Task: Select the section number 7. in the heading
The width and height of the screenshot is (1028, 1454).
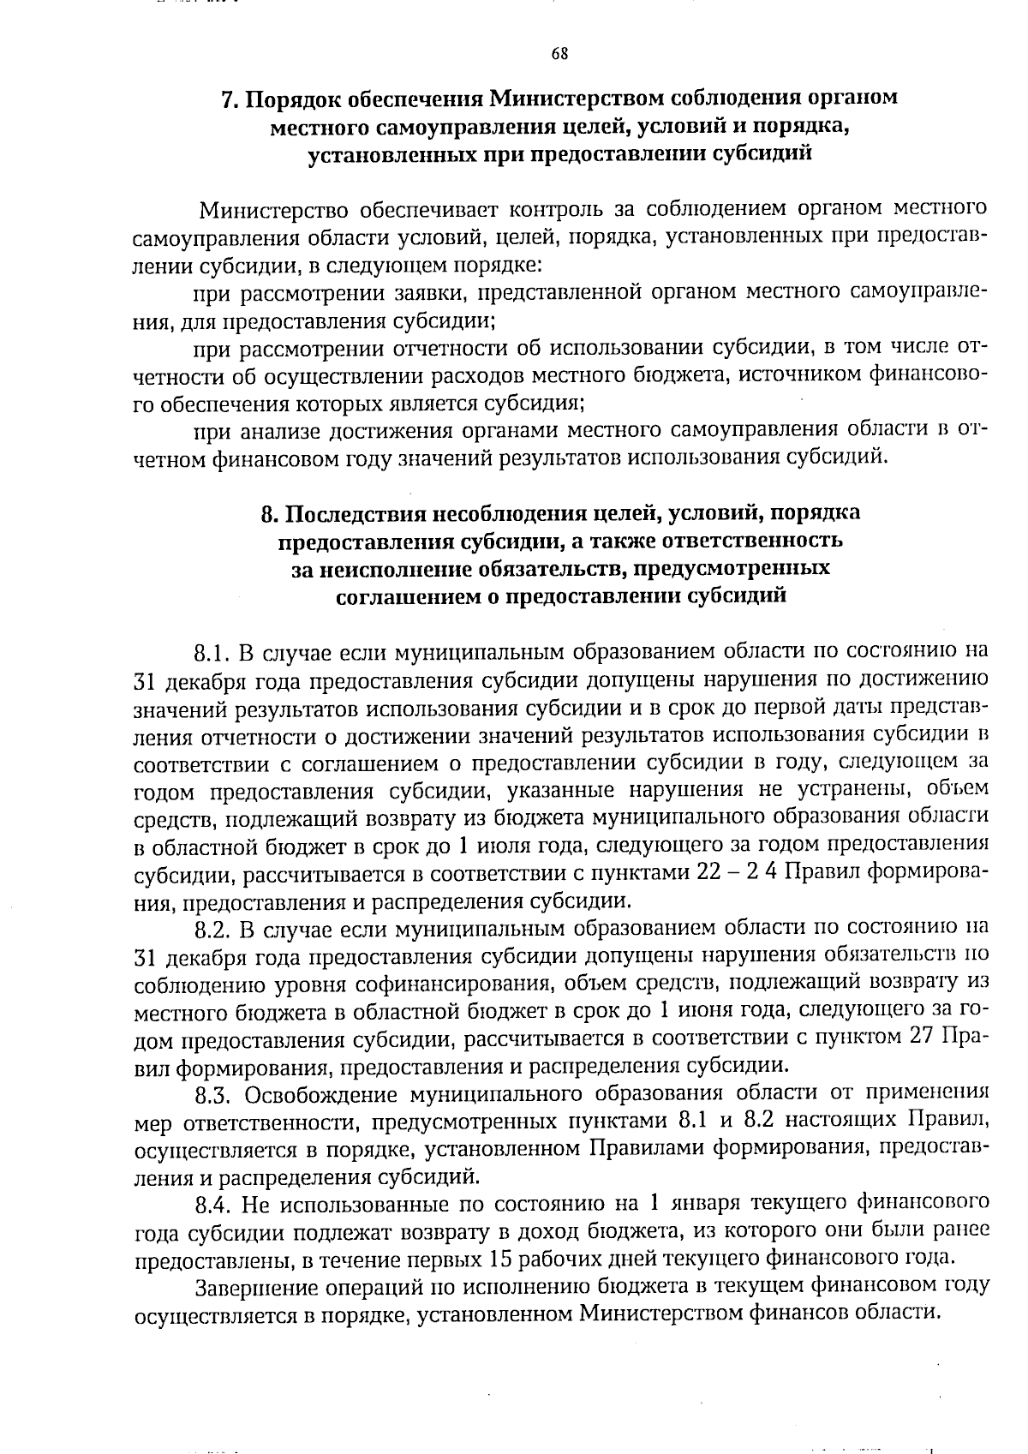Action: coord(229,99)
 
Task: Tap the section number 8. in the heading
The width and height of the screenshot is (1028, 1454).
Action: coord(268,513)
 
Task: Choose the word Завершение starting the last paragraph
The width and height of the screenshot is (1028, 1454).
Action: coord(258,1287)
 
